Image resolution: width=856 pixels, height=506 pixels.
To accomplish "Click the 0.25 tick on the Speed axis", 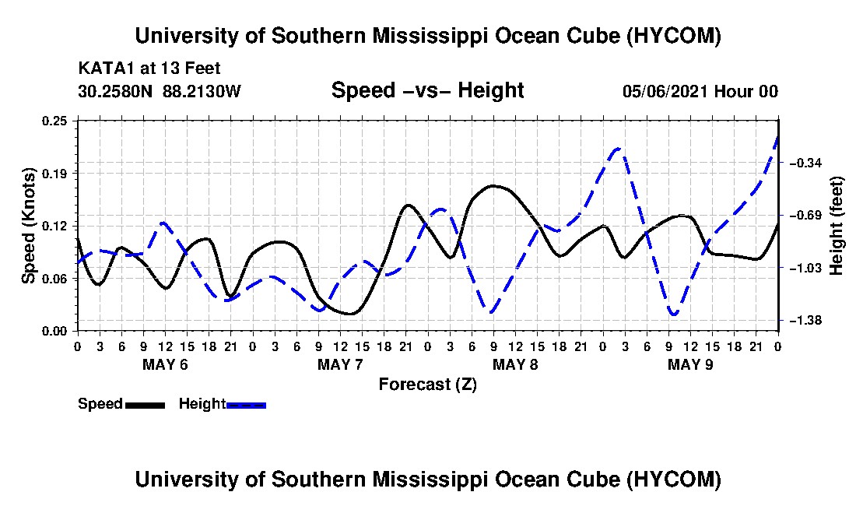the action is (x=54, y=121).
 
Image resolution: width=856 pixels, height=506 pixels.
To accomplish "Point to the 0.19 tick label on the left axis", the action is (x=54, y=174).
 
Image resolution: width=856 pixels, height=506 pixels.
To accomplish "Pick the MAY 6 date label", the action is (x=165, y=364).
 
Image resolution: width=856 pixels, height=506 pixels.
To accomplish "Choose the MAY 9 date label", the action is (x=690, y=364).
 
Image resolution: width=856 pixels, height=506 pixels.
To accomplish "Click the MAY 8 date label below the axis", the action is (x=515, y=364).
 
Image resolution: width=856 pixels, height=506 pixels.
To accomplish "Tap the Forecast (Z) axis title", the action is (x=428, y=385).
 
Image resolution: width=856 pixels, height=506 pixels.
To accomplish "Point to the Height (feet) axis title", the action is (x=836, y=226).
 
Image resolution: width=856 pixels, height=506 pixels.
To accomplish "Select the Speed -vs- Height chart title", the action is (x=427, y=90).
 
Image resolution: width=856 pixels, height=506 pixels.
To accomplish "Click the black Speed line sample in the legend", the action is (x=145, y=405).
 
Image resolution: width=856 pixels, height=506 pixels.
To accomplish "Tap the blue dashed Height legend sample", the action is (x=246, y=405).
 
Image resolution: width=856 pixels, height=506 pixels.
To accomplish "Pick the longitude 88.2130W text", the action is (x=202, y=91).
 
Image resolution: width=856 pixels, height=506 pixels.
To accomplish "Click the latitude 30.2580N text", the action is (x=115, y=91).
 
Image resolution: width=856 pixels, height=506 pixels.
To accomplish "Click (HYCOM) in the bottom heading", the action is (x=673, y=480).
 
